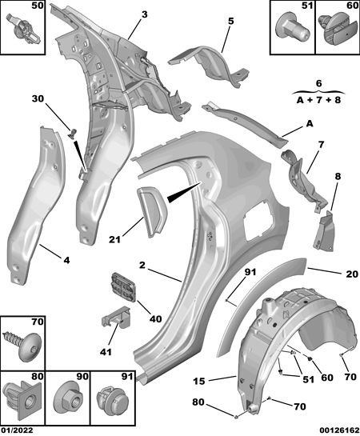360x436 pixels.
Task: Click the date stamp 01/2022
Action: tap(17, 430)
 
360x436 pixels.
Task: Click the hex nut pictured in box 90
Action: tap(68, 401)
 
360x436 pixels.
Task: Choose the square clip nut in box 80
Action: tap(23, 402)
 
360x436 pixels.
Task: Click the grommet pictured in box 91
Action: tap(112, 402)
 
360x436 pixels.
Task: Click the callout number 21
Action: tap(114, 239)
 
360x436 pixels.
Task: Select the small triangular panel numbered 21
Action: tap(150, 210)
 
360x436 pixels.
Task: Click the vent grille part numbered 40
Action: tap(123, 287)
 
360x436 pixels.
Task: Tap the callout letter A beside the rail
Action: tap(309, 124)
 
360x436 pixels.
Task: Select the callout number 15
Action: tap(198, 381)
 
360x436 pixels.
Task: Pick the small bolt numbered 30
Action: tap(72, 134)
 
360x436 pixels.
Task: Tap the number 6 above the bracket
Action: tap(319, 83)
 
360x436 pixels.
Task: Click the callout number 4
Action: tap(66, 260)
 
